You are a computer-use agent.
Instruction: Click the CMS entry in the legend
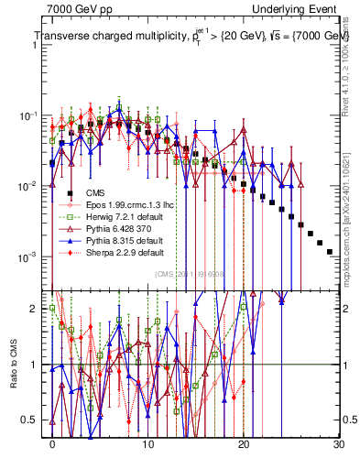pyautogui.click(x=94, y=192)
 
